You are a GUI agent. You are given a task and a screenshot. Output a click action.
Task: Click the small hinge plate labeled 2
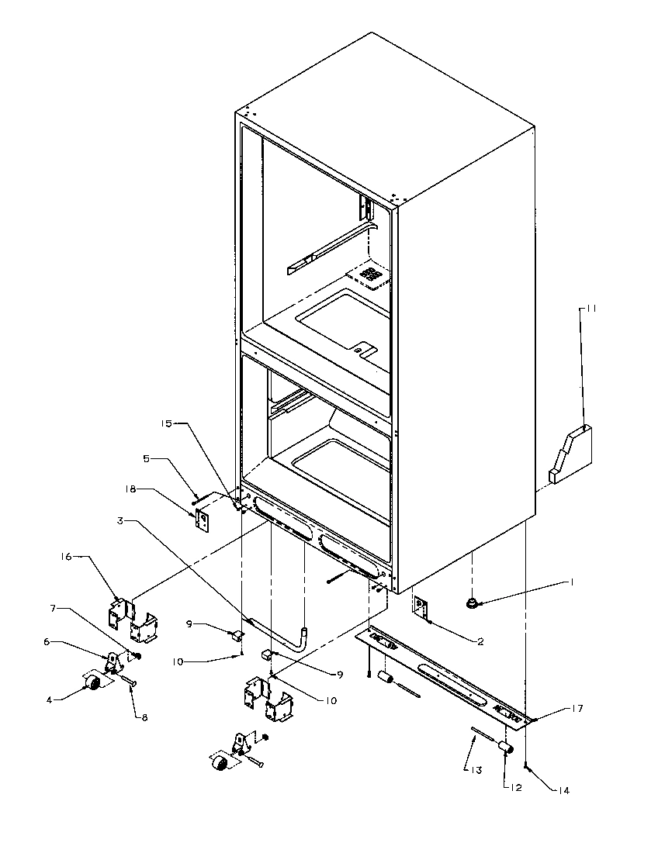coord(421,608)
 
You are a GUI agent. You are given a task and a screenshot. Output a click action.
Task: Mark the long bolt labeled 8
coord(128,682)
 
